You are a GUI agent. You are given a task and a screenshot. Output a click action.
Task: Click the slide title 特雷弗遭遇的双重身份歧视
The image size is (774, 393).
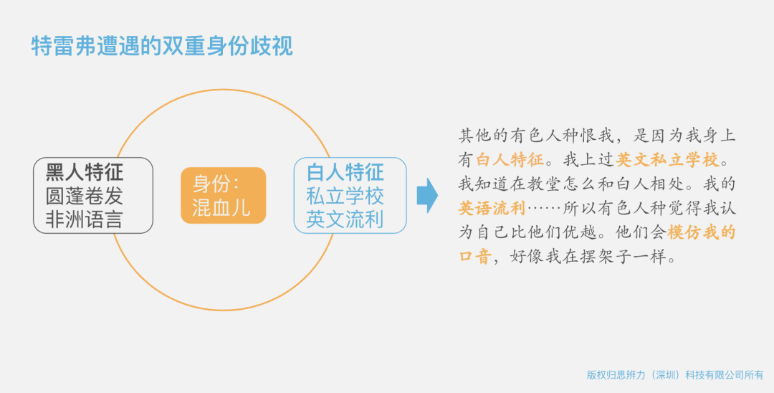(x=162, y=46)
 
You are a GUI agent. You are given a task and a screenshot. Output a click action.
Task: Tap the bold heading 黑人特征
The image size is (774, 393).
(x=85, y=172)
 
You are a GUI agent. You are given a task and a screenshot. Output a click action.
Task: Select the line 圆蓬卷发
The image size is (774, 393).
(x=84, y=196)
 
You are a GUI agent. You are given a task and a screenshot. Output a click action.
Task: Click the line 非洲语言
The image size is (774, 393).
(x=84, y=219)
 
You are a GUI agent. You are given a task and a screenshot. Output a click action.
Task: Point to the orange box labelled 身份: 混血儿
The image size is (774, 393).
(x=223, y=196)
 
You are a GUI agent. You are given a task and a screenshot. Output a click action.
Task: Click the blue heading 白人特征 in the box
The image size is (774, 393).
(x=345, y=172)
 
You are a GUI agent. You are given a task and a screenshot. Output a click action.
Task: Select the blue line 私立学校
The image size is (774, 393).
(x=345, y=196)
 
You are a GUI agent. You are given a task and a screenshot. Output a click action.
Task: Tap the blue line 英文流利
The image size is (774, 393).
(x=345, y=219)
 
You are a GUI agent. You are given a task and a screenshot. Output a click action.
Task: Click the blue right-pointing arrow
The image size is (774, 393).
(x=427, y=196)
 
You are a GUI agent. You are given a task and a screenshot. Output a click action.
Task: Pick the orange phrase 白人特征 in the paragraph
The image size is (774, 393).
(x=510, y=159)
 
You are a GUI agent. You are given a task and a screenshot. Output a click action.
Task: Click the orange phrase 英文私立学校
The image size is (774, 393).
(x=667, y=159)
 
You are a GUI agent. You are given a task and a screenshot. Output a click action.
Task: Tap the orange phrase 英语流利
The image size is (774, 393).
(x=492, y=208)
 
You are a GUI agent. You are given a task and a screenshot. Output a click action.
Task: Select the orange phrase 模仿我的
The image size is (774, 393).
(x=702, y=232)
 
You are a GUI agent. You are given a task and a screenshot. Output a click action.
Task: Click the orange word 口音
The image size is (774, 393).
(x=475, y=256)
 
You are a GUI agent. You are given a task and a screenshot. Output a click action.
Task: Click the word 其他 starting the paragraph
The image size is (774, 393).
(x=475, y=136)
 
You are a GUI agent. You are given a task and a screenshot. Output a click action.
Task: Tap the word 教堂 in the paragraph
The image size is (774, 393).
(x=545, y=184)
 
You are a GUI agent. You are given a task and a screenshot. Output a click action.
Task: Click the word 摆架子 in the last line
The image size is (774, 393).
(x=606, y=256)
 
